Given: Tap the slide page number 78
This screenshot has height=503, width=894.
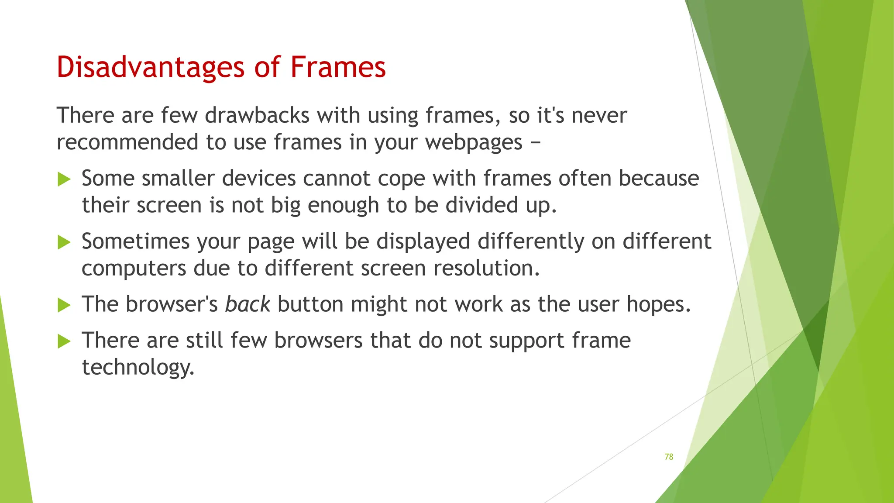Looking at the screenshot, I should pyautogui.click(x=668, y=457).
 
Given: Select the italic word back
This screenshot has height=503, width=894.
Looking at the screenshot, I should pyautogui.click(x=248, y=304).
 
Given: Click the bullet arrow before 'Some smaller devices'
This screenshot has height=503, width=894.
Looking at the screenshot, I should pyautogui.click(x=64, y=179).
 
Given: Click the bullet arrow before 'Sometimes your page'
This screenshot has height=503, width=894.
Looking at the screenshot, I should pyautogui.click(x=64, y=242).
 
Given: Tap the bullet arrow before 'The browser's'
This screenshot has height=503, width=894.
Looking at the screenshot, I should pyautogui.click(x=64, y=305).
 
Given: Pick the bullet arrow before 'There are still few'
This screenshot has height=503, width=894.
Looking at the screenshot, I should pyautogui.click(x=64, y=341).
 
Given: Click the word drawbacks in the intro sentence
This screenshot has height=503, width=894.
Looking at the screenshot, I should pyautogui.click(x=257, y=115).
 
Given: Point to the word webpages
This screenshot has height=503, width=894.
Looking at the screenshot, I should pyautogui.click(x=474, y=142).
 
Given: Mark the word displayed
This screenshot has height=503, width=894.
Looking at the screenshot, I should pyautogui.click(x=423, y=242).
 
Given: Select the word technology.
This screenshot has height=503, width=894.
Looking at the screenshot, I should pyautogui.click(x=138, y=368).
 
